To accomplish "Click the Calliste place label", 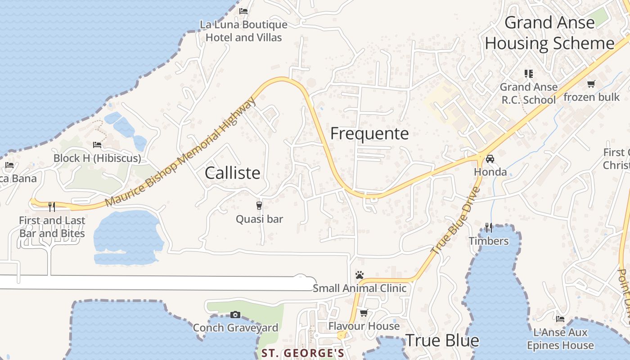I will tap(232, 173).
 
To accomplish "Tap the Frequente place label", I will tap(369, 134).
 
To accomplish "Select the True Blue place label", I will tap(442, 341).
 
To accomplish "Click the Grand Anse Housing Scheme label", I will tap(549, 33).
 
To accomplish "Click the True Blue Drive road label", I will tap(456, 220).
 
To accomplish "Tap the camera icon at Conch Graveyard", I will tap(235, 315).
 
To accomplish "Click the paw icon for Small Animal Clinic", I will tap(359, 275).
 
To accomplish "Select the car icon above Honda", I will tap(490, 159).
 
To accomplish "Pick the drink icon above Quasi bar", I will tap(259, 206).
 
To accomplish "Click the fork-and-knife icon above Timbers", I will tap(489, 228).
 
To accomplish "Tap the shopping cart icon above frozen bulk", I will tap(591, 84).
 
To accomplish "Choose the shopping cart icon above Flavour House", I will tap(364, 313).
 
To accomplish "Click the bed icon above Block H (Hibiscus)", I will tap(97, 145).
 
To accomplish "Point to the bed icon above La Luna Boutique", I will tap(243, 11).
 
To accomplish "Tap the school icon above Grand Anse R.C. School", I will tap(528, 73).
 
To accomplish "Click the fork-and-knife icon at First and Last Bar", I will tap(52, 207).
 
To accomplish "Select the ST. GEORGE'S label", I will tap(303, 353).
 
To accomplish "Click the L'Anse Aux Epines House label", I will tap(560, 339).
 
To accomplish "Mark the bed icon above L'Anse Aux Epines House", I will tap(560, 319).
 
